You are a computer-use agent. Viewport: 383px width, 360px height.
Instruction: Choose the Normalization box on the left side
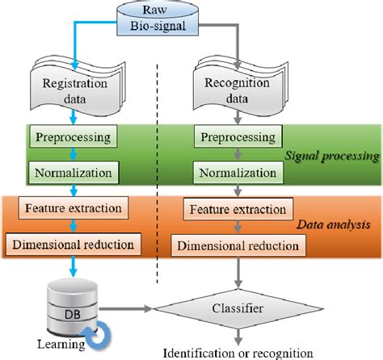[74, 171]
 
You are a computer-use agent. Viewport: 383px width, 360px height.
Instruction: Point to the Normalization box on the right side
[236, 171]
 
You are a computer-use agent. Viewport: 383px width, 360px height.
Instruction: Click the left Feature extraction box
[74, 208]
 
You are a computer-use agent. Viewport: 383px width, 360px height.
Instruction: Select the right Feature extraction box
[236, 210]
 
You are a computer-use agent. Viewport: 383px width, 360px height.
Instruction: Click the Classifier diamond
[237, 307]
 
